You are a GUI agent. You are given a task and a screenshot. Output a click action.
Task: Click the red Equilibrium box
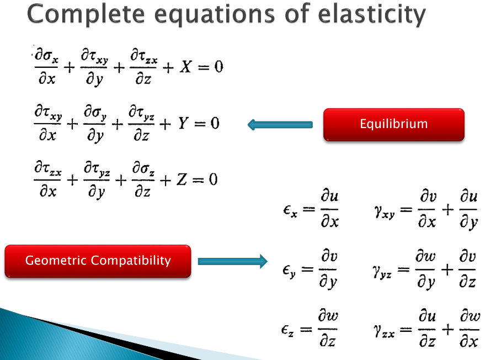click(x=393, y=124)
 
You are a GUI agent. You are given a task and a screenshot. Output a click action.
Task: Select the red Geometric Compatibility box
click(x=98, y=261)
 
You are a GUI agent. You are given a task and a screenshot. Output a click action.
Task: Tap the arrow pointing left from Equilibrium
click(x=280, y=125)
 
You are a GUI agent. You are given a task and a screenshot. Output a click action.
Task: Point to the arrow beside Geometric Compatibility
click(x=232, y=261)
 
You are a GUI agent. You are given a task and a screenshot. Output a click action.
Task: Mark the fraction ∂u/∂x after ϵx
click(x=330, y=210)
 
